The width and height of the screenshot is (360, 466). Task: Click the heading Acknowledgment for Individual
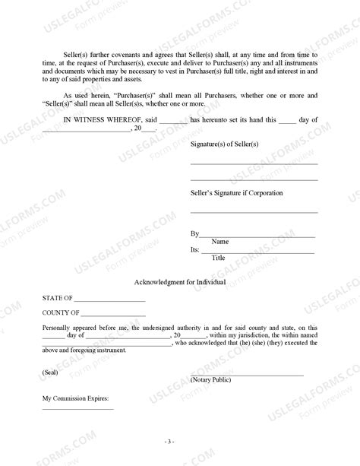pyautogui.click(x=179, y=281)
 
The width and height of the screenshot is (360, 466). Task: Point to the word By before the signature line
pyautogui.click(x=194, y=233)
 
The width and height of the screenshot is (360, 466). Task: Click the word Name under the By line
pyautogui.click(x=219, y=241)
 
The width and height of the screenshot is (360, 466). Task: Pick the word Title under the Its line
pyautogui.click(x=218, y=258)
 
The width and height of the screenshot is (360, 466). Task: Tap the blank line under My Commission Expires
pyautogui.click(x=77, y=409)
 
